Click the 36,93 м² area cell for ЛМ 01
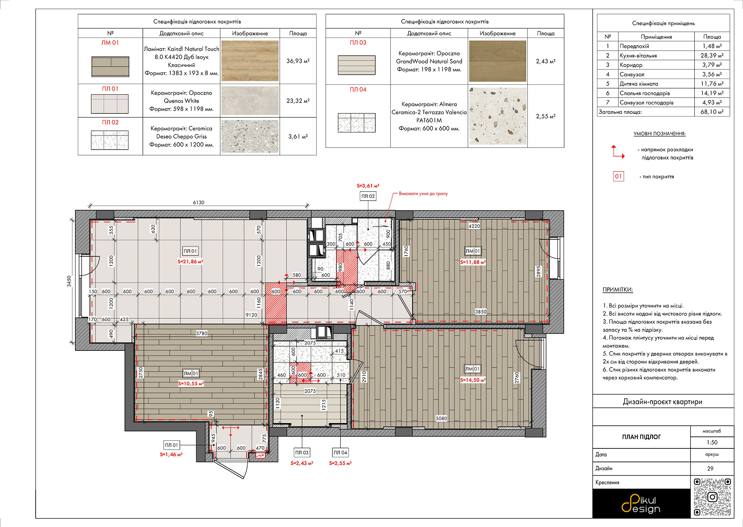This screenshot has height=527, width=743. pyautogui.click(x=298, y=61)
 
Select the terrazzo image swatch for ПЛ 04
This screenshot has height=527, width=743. pyautogui.click(x=498, y=116)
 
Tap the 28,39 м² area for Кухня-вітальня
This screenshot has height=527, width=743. pyautogui.click(x=712, y=55)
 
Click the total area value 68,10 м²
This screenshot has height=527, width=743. pyautogui.click(x=712, y=112)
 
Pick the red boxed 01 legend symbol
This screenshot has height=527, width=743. pyautogui.click(x=618, y=177)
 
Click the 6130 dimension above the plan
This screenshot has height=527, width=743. pyautogui.click(x=199, y=203)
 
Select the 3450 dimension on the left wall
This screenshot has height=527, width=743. pyautogui.click(x=69, y=281)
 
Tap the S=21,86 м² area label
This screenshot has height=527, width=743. pyautogui.click(x=190, y=262)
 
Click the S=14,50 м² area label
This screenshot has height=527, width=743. pyautogui.click(x=473, y=380)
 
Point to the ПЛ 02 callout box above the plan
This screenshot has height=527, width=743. pyautogui.click(x=368, y=196)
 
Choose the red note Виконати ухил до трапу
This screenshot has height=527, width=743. pyautogui.click(x=423, y=194)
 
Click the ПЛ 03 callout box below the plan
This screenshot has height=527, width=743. pyautogui.click(x=302, y=453)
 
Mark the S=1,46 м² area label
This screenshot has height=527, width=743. pyautogui.click(x=171, y=455)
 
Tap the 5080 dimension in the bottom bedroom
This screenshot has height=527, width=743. pyautogui.click(x=441, y=419)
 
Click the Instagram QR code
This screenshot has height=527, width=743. pyautogui.click(x=712, y=497)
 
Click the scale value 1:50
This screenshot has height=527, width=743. pyautogui.click(x=712, y=443)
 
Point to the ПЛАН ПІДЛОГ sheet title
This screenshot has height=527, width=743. pyautogui.click(x=641, y=437)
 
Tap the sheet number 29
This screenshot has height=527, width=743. pyautogui.click(x=710, y=469)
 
